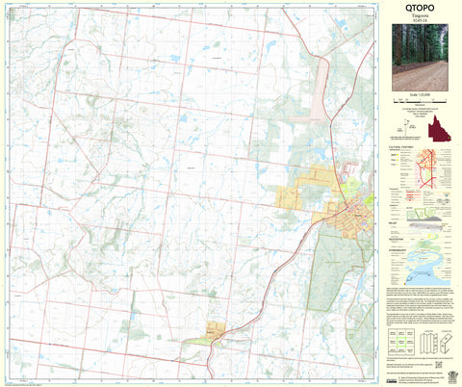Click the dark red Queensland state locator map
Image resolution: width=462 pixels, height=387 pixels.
pyautogui.click(x=445, y=127)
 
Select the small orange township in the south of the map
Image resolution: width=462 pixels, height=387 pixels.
pyautogui.click(x=216, y=331)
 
